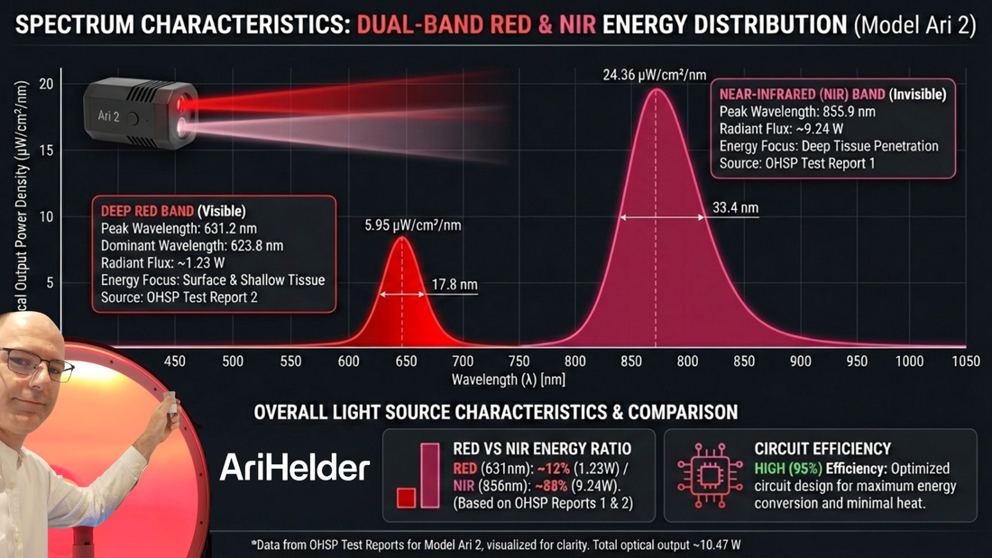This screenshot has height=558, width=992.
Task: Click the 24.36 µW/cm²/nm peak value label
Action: [656, 76]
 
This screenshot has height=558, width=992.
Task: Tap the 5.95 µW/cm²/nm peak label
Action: [413, 224]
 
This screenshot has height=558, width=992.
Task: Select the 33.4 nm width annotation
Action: [736, 208]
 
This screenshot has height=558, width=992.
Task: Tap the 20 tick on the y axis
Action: [45, 85]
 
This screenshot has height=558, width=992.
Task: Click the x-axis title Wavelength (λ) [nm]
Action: [509, 380]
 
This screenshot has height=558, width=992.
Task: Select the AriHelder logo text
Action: [295, 467]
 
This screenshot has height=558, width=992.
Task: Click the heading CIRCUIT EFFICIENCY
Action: [822, 448]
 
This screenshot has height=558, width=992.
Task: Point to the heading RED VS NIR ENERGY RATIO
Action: [542, 448]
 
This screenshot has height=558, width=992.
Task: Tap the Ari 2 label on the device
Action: [108, 116]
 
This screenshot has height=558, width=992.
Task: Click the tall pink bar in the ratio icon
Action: [429, 475]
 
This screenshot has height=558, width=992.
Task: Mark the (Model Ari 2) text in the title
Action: [914, 24]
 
